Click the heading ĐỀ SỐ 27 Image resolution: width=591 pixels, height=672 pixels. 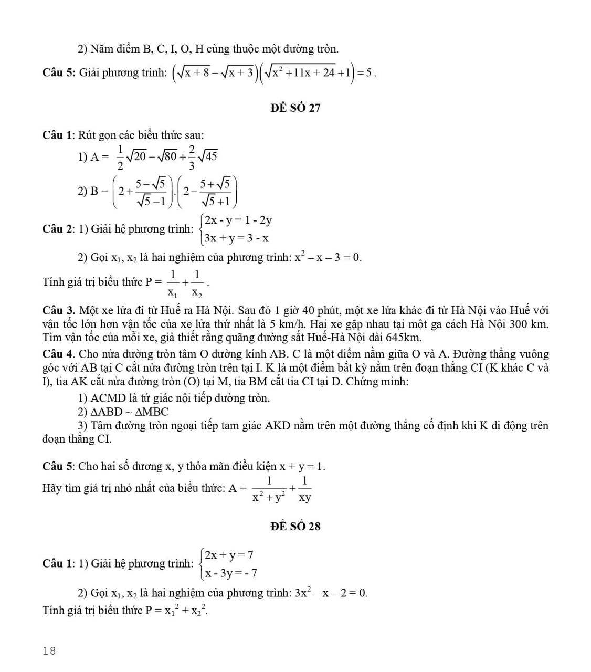pos(295,108)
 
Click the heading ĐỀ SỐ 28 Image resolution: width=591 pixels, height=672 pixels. pos(295,526)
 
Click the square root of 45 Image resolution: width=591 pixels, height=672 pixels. pos(208,155)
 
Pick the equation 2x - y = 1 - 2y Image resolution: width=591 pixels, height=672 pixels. pos(238,220)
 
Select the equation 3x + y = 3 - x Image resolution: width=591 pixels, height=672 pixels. pos(237,238)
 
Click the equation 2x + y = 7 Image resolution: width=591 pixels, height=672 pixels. pos(229,555)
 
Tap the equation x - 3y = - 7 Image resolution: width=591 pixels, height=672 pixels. pos(231,573)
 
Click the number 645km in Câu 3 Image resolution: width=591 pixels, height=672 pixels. pos(403,338)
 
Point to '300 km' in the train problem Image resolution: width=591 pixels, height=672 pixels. pos(528,324)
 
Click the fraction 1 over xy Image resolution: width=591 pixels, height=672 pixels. pos(304,489)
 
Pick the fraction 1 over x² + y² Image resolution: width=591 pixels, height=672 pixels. pos(269,489)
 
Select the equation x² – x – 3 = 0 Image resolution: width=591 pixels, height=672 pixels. pos(328,257)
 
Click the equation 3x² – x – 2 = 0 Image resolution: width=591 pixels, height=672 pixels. pos(331,593)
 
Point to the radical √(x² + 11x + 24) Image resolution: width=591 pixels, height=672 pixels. pos(300,72)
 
